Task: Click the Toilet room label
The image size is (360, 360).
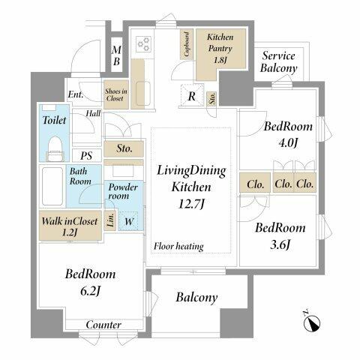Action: click(x=55, y=119)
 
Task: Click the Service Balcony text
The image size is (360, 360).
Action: click(x=278, y=62)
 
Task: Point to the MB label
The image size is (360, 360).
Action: click(x=116, y=56)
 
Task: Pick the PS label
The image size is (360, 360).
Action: click(x=86, y=156)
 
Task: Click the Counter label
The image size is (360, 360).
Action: click(x=103, y=325)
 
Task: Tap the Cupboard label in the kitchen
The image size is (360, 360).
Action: click(x=184, y=46)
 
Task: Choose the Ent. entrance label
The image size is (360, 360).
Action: click(x=75, y=94)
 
